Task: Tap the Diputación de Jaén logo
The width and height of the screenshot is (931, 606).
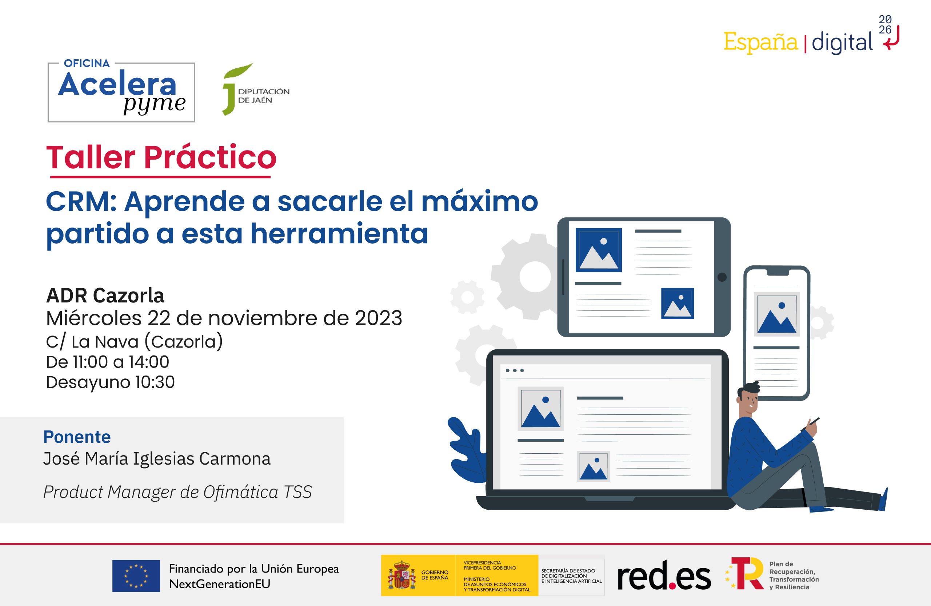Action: click(256, 89)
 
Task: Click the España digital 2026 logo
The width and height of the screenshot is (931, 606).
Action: click(811, 36)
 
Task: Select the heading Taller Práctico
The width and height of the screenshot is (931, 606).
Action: click(161, 157)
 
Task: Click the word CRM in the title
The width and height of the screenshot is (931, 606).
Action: click(81, 202)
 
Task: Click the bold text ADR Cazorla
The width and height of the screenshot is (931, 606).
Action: click(105, 296)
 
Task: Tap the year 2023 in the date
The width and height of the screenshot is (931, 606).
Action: click(378, 318)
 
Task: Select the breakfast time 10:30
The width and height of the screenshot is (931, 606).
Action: click(155, 382)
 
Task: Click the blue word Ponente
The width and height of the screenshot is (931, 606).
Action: click(77, 437)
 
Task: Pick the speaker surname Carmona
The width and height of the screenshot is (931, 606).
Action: click(235, 459)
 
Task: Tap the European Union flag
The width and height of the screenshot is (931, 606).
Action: click(136, 576)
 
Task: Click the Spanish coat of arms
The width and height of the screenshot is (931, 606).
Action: click(402, 575)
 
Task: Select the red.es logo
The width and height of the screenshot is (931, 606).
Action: click(664, 575)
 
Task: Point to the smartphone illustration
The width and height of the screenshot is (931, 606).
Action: click(777, 333)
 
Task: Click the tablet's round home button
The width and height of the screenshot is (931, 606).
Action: click(722, 277)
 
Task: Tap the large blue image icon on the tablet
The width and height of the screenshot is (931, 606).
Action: click(599, 250)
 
